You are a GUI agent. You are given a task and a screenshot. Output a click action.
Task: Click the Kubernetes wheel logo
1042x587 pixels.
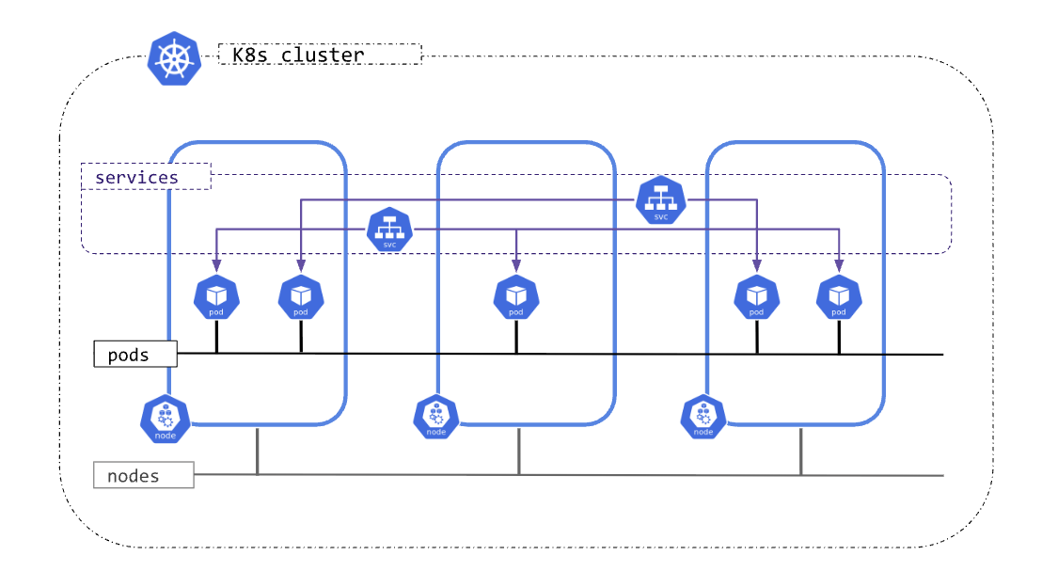click(x=174, y=58)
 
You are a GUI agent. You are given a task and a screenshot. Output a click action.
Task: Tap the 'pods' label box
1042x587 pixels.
click(x=135, y=355)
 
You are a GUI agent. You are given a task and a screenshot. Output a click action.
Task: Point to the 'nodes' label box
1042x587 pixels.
click(x=143, y=475)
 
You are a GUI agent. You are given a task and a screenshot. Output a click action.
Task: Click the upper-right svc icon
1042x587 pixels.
click(x=660, y=200)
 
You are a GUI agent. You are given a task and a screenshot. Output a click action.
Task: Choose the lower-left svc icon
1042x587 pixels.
click(x=389, y=230)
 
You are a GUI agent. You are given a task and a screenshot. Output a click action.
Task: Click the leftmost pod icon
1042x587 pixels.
click(x=216, y=297)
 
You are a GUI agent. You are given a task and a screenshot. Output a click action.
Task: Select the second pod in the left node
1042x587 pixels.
click(x=301, y=297)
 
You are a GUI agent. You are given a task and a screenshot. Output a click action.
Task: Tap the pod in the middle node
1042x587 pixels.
click(x=516, y=297)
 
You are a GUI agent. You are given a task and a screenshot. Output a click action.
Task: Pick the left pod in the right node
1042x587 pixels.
click(x=756, y=297)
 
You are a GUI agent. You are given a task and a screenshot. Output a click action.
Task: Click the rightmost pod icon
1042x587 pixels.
click(x=839, y=297)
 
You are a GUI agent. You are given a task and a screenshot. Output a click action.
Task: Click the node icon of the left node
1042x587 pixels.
click(x=166, y=419)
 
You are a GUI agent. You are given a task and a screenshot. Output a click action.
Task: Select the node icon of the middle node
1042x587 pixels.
click(x=436, y=418)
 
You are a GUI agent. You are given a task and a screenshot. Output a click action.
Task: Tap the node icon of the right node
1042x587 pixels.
click(x=703, y=418)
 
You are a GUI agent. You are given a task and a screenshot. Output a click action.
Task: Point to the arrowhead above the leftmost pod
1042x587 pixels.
click(x=216, y=266)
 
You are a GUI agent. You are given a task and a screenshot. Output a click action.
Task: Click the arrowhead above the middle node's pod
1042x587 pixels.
click(x=516, y=266)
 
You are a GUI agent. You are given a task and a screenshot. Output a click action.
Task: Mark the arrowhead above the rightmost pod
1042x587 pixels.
click(x=839, y=266)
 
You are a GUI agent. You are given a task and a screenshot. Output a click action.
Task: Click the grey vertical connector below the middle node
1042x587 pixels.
click(x=518, y=452)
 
